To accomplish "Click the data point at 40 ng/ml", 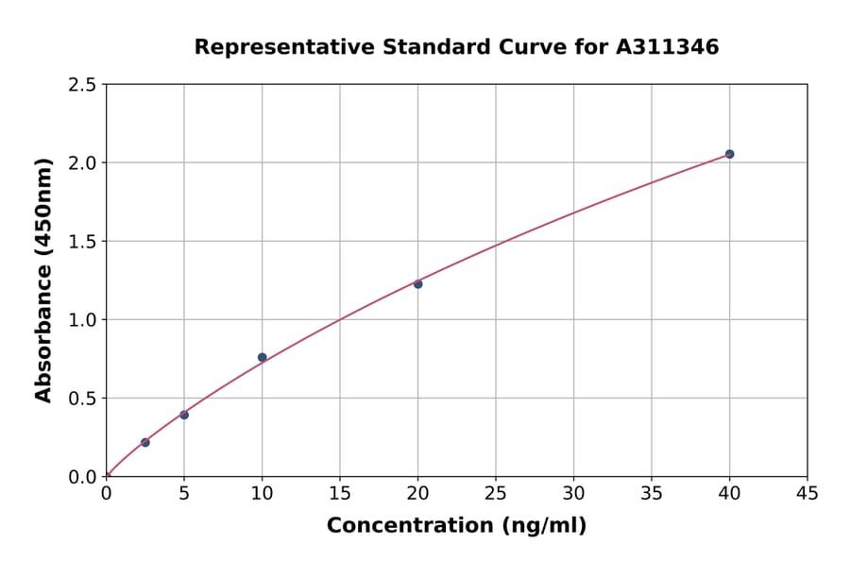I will click(x=729, y=154).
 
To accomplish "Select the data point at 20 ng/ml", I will click(x=417, y=283).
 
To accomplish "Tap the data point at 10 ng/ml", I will click(x=263, y=357).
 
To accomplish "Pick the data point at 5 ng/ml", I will click(x=184, y=415).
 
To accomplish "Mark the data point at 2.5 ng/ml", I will click(x=145, y=442).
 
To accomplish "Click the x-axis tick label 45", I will click(x=807, y=493).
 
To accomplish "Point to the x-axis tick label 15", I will click(x=340, y=493).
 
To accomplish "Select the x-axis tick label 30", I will click(x=573, y=493).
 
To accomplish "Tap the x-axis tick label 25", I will click(x=496, y=493).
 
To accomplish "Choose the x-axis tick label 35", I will click(x=652, y=493).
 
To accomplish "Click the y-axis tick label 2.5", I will click(x=83, y=85).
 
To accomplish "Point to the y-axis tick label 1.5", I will click(x=83, y=242).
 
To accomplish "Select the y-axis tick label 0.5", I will click(x=83, y=399).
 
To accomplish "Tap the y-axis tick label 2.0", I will click(x=83, y=163).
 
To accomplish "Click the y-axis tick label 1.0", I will click(x=83, y=320).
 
